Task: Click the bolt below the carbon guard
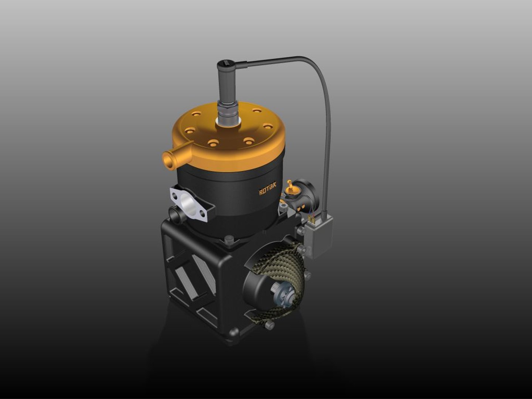pos(269,325)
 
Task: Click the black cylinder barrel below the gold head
pos(229,196)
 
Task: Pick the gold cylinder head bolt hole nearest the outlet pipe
pos(190,130)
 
